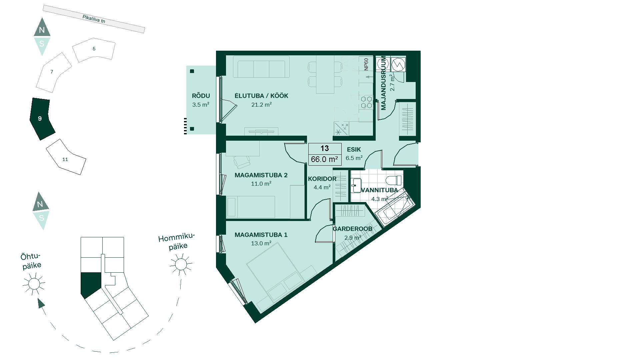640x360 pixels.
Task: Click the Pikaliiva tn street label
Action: [x=94, y=19]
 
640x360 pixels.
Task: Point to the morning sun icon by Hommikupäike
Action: [x=181, y=264]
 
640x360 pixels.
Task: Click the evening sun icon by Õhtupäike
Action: [x=34, y=284]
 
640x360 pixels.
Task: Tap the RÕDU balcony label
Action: [x=201, y=96]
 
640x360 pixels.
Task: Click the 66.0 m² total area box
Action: [x=325, y=159]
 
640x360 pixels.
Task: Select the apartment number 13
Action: [x=325, y=148]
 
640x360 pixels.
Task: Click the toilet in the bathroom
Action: [x=394, y=180]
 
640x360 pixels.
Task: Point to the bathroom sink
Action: [x=356, y=185]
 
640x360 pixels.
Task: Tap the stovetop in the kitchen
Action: [x=366, y=102]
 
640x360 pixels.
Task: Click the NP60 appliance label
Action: [x=366, y=64]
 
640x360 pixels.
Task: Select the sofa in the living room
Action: [x=261, y=67]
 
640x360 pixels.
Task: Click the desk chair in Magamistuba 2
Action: [x=242, y=162]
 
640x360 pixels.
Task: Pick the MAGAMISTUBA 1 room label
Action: [x=261, y=235]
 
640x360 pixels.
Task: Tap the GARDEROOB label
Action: [x=352, y=229]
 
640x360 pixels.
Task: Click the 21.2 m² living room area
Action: [x=261, y=105]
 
